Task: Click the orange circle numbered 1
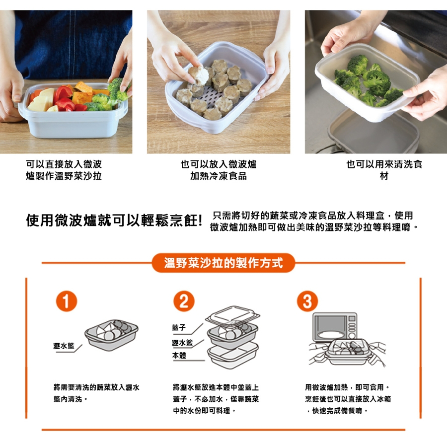point(67,301)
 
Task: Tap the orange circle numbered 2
point(184,301)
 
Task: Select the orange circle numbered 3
point(307,301)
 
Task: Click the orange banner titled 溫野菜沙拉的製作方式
point(223,263)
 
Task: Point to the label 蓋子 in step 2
point(179,328)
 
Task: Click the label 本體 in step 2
point(179,356)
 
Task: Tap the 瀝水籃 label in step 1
point(64,346)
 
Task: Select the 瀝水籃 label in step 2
point(182,342)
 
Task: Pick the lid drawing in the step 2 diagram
point(232,315)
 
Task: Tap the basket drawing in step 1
point(111,335)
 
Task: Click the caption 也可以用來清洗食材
point(384,170)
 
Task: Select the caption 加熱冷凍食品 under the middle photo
point(219,176)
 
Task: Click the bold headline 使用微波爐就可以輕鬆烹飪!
point(114,221)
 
